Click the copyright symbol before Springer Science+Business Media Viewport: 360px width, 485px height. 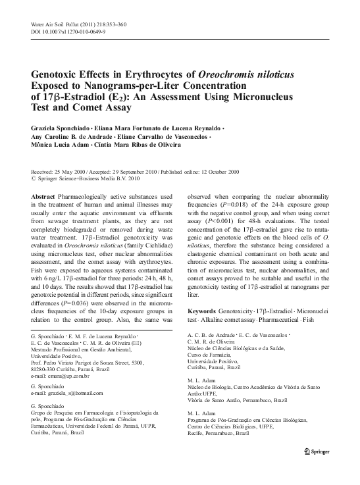coord(35,177)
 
